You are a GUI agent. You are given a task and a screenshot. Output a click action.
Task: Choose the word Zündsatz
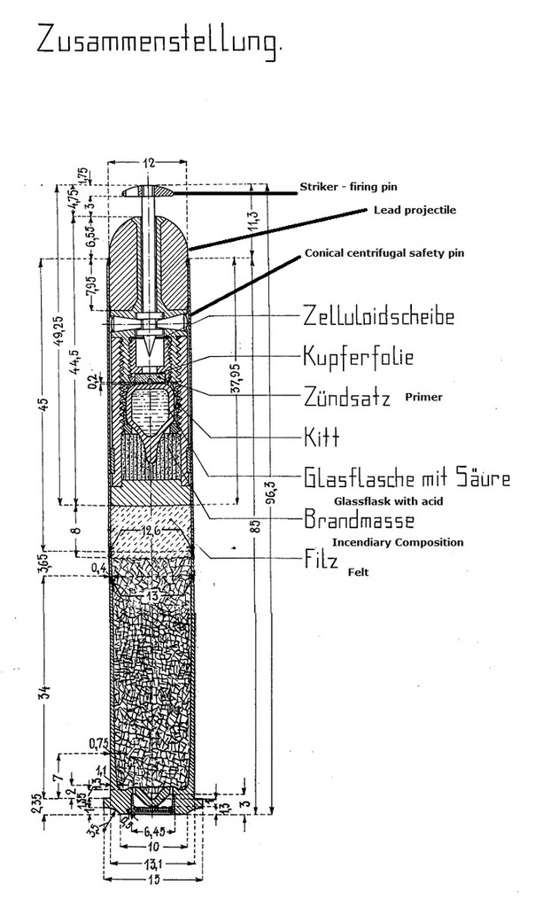click(x=346, y=397)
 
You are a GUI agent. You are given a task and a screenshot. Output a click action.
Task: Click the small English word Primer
click(x=423, y=398)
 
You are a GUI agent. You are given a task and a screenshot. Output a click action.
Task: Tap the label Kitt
click(x=322, y=438)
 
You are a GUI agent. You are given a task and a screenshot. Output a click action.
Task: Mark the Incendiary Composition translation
click(x=398, y=542)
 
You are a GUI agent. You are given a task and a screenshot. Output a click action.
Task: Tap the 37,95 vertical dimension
click(x=234, y=381)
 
